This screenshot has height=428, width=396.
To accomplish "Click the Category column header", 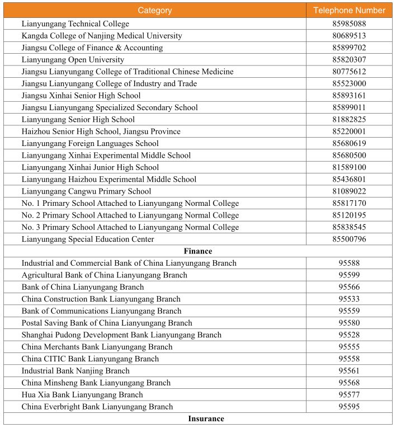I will point(155,11).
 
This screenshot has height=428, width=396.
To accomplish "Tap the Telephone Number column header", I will point(349,11).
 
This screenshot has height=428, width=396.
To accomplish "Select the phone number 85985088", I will point(349,24).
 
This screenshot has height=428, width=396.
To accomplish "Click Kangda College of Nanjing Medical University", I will point(102,36).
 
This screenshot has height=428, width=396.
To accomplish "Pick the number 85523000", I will point(349,84).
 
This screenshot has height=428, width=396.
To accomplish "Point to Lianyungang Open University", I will point(73,60).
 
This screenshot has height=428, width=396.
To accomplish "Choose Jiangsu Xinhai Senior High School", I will point(81,96).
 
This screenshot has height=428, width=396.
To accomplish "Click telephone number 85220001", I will point(349,131).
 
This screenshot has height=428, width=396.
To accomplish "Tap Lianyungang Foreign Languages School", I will point(90,144).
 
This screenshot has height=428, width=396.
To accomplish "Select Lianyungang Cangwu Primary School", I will point(86,191).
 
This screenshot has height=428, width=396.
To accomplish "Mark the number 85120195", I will point(349,215).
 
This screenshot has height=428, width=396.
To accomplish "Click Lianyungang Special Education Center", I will point(88,239).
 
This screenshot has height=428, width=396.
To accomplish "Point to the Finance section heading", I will point(200,251).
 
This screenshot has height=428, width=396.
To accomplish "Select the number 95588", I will point(349,264).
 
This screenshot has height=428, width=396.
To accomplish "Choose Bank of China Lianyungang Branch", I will point(83,287).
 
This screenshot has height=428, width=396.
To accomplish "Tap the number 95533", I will point(349,299).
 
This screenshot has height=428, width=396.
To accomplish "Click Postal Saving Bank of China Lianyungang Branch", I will point(107,323).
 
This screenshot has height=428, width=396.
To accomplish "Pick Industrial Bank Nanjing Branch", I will point(76,371).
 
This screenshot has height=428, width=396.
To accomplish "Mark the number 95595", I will point(349,407).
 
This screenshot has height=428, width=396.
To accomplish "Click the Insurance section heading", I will point(206,418).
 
